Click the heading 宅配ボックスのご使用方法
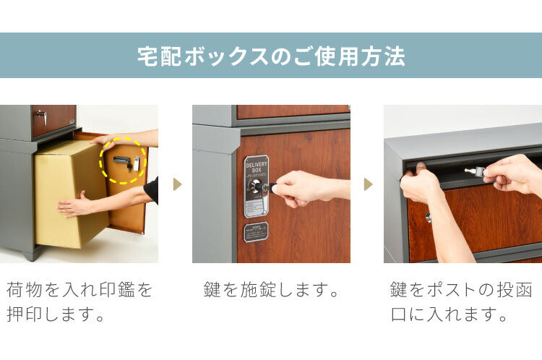coord(271,56)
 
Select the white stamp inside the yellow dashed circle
coord(135,162)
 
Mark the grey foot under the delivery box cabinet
coord(30,254)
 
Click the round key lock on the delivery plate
coord(255,187)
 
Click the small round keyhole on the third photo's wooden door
coord(429,216)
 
